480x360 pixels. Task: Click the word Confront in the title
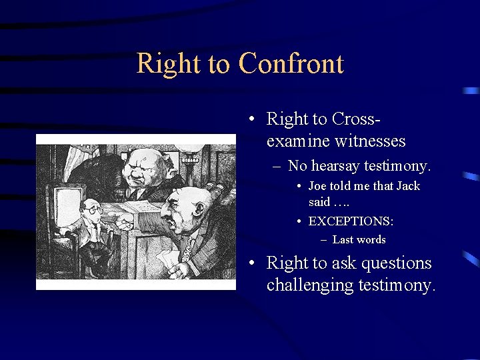click(x=291, y=64)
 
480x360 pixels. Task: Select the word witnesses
click(x=371, y=141)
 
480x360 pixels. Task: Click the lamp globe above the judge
click(x=191, y=141)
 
